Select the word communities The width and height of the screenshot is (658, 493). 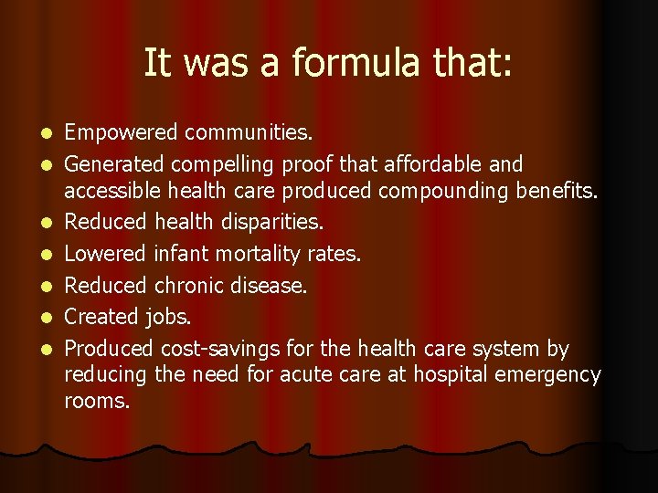pyautogui.click(x=249, y=133)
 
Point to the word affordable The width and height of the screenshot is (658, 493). pyautogui.click(x=430, y=164)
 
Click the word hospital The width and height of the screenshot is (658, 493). pyautogui.click(x=449, y=374)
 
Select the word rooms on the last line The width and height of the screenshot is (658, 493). pyautogui.click(x=97, y=401)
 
